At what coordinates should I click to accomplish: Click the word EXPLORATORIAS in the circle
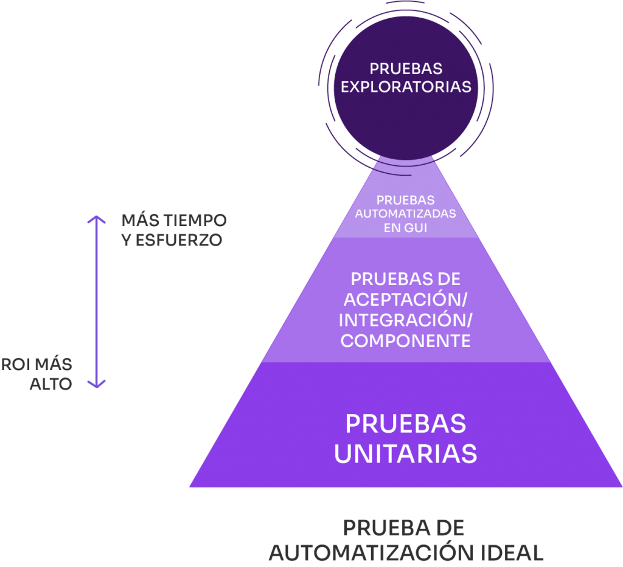[406, 87]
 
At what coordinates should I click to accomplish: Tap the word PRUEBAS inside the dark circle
[406, 68]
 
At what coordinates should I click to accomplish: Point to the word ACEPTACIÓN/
[406, 300]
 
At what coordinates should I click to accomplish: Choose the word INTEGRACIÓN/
[406, 320]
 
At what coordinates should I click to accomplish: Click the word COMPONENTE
[406, 340]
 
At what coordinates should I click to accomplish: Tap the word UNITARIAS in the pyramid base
[406, 453]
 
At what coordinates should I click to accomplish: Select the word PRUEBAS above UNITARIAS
[406, 424]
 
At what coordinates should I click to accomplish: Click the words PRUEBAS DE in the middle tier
[406, 280]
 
